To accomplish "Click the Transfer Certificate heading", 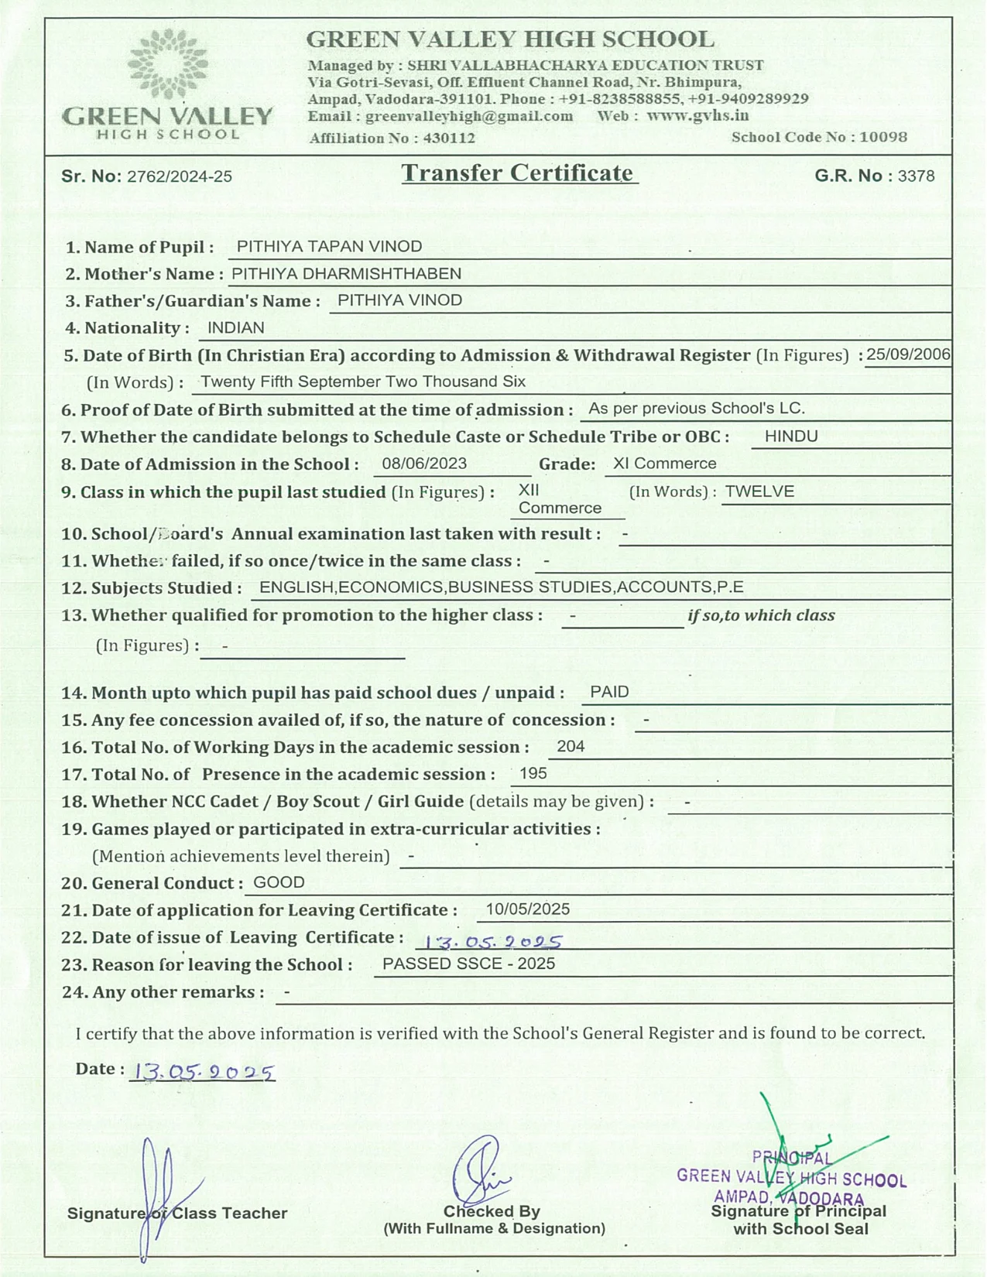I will click(517, 173).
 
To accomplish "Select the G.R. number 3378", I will click(916, 176).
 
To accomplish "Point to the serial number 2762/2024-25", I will click(180, 176).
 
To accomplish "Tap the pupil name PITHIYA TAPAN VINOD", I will click(329, 247).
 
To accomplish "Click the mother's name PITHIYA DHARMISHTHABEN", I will click(346, 274).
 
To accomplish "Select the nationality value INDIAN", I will click(236, 328).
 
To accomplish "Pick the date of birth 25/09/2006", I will click(908, 355).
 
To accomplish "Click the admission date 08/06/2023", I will click(424, 464).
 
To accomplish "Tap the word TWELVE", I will click(759, 491).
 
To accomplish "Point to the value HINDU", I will click(790, 437).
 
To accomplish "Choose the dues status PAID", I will click(609, 692).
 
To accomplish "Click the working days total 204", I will click(571, 747).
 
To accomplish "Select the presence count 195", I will click(533, 774).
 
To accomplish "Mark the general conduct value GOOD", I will click(279, 883).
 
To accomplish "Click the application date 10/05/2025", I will click(527, 909).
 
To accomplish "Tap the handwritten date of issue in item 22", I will click(488, 941).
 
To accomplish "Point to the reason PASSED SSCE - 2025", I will click(468, 964).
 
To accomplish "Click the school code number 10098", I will click(883, 137).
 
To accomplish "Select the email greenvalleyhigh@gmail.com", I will click(469, 116).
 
